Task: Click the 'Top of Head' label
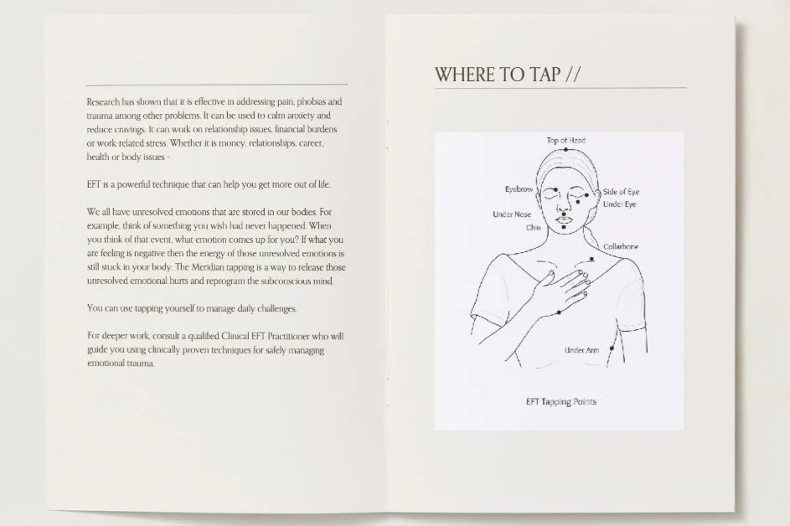(x=566, y=140)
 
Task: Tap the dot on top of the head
(x=566, y=149)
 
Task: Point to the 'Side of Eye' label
(x=622, y=192)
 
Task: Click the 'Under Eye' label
(x=619, y=204)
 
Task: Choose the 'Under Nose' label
(x=512, y=214)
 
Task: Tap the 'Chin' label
(x=534, y=227)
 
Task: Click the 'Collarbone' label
(x=621, y=246)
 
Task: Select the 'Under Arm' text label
(x=581, y=349)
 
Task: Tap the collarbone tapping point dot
(x=593, y=260)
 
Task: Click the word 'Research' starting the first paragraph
(x=104, y=101)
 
